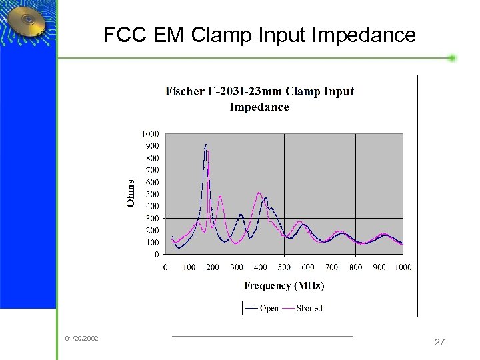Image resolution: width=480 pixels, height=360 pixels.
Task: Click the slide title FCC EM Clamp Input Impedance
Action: coord(259,35)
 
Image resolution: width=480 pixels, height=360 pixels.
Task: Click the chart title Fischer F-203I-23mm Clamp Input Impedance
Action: coord(259,99)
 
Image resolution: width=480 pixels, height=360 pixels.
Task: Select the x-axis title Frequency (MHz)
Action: coord(284,286)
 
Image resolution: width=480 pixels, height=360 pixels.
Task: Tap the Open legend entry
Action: coord(262,309)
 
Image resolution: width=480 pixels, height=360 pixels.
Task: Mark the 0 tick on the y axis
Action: coord(157,254)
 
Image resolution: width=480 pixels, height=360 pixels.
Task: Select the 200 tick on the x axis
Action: coord(213,267)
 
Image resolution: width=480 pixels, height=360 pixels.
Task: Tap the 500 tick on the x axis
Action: coord(284,267)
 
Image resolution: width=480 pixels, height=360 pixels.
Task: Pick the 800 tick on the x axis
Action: coord(355,267)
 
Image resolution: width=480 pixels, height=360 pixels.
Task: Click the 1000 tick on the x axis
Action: coord(403,267)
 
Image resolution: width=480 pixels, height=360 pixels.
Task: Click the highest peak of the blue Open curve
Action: coord(206,144)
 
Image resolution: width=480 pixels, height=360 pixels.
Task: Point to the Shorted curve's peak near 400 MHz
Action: coord(259,193)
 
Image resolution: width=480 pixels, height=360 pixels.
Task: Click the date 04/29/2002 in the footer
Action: coord(81,339)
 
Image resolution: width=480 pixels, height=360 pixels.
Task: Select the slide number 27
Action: coord(439,342)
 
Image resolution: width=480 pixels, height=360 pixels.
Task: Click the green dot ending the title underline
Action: coord(452,58)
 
